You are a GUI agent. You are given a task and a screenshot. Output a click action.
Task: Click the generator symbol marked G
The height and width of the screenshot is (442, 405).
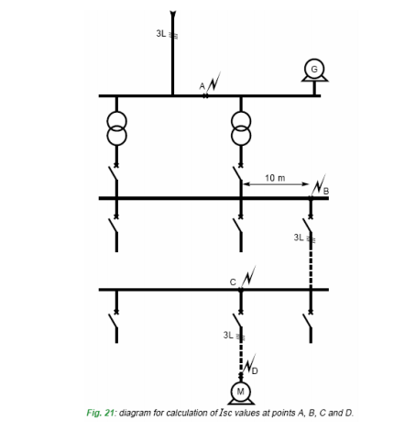click(314, 70)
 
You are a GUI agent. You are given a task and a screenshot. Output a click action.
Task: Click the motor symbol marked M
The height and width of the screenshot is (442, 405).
click(241, 392)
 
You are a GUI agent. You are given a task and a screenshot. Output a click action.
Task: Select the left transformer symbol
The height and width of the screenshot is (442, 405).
click(116, 128)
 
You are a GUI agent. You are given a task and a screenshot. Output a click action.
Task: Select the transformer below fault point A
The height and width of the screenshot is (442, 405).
click(241, 128)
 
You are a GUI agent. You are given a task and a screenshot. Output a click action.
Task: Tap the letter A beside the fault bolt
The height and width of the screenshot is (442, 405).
click(202, 86)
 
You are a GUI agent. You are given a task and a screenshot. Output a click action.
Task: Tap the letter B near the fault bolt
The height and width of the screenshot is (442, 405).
click(326, 192)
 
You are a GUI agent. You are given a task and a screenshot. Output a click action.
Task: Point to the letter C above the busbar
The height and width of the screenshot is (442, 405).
click(233, 282)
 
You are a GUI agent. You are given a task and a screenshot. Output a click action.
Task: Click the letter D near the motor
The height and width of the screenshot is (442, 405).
click(255, 370)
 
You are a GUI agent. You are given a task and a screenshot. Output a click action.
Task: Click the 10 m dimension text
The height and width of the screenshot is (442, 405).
click(275, 178)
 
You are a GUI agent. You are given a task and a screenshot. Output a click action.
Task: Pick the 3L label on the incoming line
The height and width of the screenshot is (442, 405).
click(161, 33)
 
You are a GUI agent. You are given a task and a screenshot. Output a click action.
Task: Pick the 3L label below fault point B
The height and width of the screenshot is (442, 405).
click(299, 238)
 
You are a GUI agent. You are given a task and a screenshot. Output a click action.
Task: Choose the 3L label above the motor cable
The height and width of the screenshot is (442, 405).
click(228, 335)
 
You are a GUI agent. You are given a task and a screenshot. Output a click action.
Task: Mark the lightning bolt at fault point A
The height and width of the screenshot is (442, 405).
click(213, 83)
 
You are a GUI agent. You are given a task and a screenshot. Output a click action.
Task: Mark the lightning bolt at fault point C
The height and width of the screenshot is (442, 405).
click(248, 277)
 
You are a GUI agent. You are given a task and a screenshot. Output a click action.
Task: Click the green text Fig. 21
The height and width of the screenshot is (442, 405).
click(100, 413)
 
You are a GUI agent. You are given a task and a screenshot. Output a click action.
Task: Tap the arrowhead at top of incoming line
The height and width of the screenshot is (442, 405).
click(173, 15)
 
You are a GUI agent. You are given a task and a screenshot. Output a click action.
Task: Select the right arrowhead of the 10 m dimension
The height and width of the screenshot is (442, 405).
click(306, 184)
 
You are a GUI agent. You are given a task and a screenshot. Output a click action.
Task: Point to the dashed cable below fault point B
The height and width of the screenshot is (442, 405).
click(311, 264)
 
